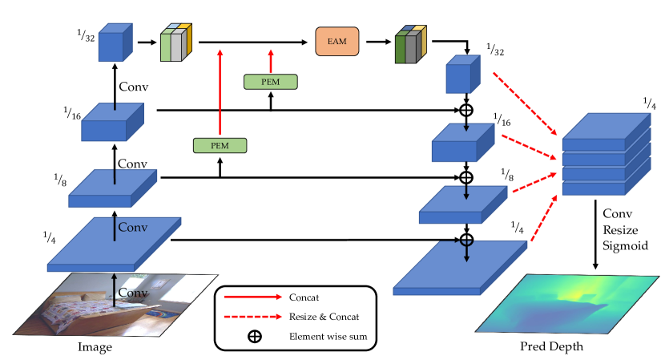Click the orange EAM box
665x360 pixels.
pos(337,42)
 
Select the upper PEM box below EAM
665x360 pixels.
pos(270,81)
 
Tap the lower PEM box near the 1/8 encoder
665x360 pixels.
pos(220,145)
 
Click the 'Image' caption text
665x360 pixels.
pos(95,347)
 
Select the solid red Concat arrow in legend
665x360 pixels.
pos(254,296)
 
